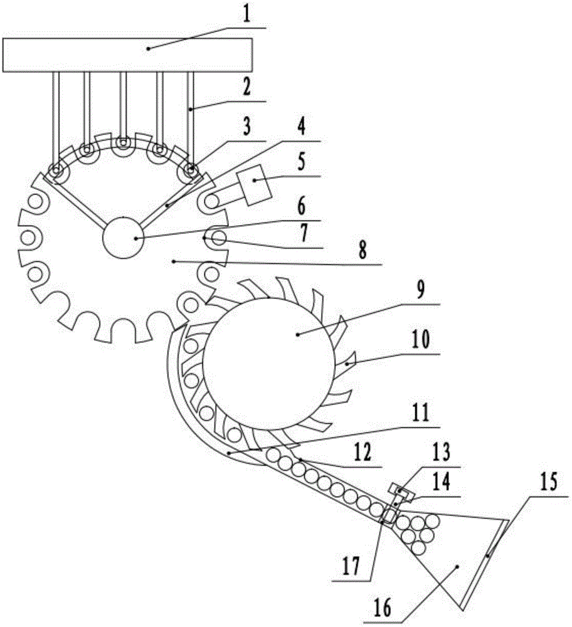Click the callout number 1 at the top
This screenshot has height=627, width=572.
tap(246, 15)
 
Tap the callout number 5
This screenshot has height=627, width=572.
tap(302, 162)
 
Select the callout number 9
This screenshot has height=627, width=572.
tap(420, 291)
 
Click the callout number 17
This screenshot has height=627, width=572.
tap(352, 567)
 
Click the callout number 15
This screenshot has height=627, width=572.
tap(549, 482)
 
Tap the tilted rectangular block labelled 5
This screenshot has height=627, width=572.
tap(255, 185)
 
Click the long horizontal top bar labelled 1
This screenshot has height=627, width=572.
tap(127, 55)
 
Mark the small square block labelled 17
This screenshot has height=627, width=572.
tap(387, 517)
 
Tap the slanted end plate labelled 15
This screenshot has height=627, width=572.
tap(484, 564)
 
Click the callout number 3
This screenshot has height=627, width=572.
tap(246, 127)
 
